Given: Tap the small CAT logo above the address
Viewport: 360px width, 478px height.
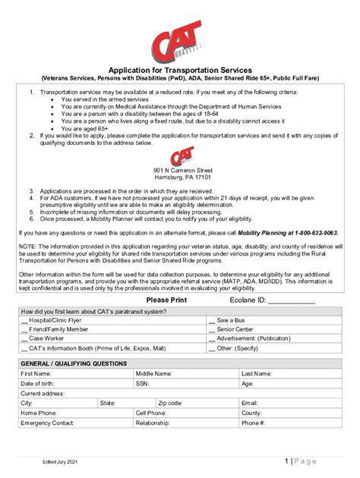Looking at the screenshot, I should click(x=181, y=156).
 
